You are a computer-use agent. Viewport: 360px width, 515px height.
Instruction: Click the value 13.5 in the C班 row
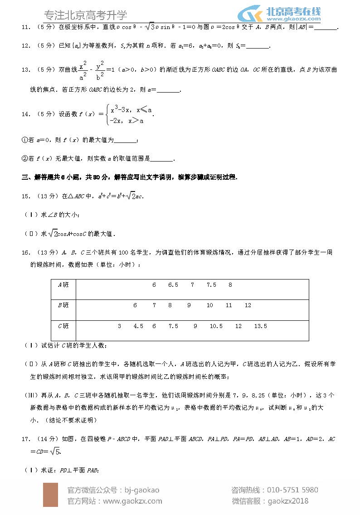pos(260,326)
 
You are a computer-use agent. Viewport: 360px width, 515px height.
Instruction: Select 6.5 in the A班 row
pos(173,285)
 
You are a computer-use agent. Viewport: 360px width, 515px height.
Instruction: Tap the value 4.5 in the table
pos(138,326)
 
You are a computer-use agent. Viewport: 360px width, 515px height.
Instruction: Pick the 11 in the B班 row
pos(229,305)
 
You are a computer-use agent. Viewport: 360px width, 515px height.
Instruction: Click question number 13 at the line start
pos(26,69)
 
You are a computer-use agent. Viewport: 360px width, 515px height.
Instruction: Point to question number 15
pos(26,196)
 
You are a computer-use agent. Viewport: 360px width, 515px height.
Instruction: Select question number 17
pos(26,439)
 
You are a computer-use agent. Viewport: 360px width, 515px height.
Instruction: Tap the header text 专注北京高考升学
pos(86,15)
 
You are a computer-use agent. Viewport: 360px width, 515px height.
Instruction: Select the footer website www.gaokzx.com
pos(132,501)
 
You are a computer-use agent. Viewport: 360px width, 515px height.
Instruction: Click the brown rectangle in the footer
pos(50,495)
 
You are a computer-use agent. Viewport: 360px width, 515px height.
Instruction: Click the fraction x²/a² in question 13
pos(83,70)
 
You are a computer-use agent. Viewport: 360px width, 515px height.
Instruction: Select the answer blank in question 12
pos(257,46)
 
